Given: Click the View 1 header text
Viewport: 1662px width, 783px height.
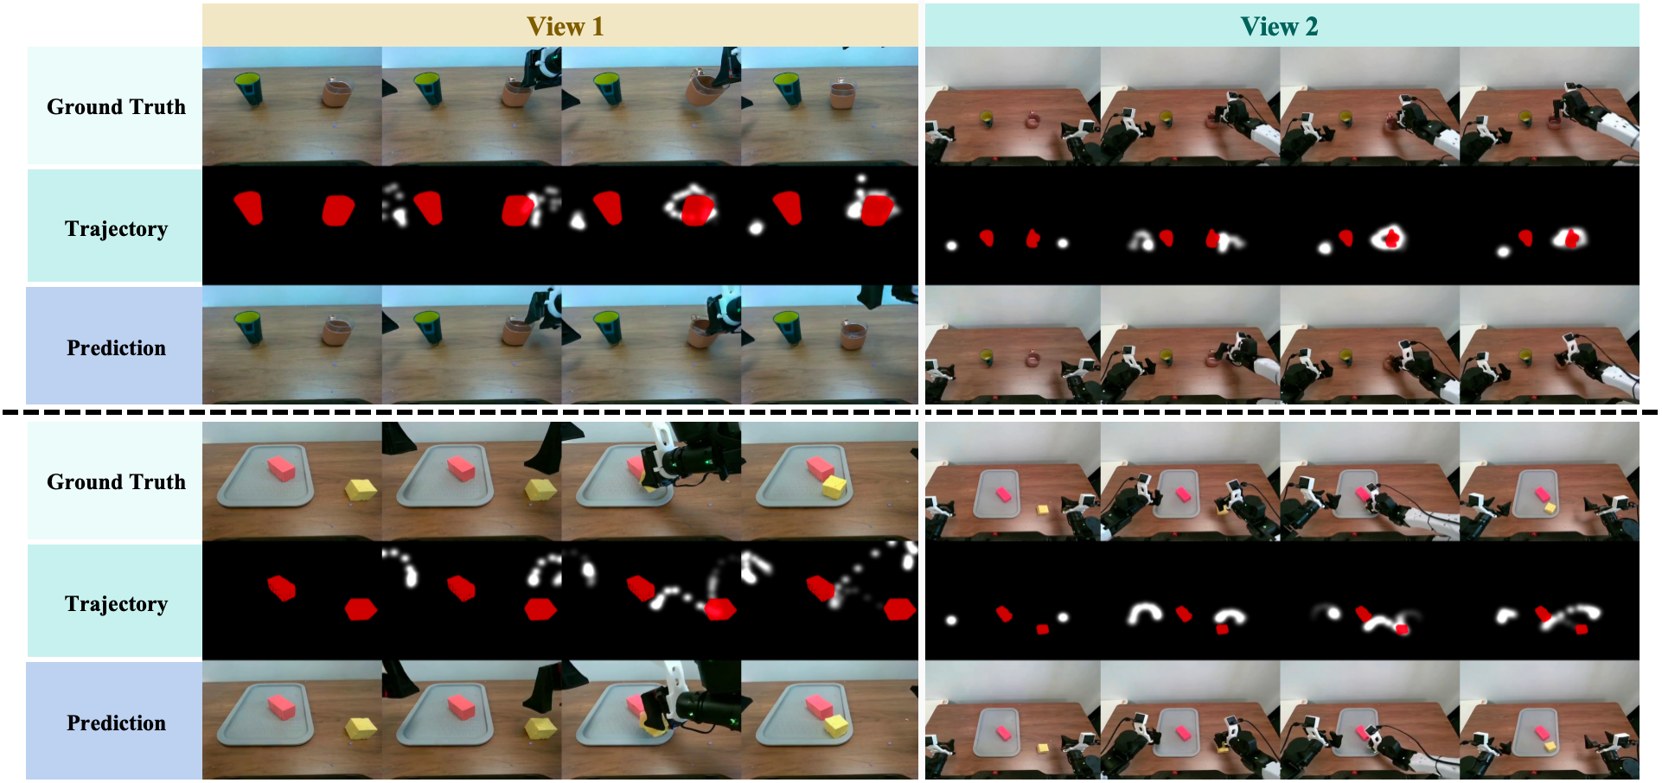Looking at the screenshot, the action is pos(565,27).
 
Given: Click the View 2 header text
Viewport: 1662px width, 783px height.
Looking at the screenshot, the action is pos(1279,27).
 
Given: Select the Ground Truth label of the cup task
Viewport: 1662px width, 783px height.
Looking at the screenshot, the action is pos(116,107).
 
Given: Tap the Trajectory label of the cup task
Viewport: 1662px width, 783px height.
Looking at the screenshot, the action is pos(116,229).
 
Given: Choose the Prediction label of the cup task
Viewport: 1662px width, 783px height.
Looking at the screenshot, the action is pos(116,348).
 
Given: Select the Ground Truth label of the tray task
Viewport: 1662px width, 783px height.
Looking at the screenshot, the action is pos(116,482).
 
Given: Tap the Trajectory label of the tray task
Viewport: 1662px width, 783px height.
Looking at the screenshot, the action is pos(116,604).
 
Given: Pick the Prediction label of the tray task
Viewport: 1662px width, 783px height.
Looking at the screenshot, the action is pos(116,723).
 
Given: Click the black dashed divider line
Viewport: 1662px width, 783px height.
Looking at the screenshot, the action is pos(830,412).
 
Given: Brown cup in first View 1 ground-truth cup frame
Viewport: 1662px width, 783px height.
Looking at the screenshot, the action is pos(337,92).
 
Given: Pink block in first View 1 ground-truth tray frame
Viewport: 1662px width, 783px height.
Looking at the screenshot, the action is pos(282,468).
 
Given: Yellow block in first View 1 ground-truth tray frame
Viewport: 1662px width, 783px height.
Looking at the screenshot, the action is pos(361,490).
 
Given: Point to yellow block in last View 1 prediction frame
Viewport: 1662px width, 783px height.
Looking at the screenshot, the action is pos(835,725).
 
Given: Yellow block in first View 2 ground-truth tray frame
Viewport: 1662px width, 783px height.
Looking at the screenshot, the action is pos(1043,511).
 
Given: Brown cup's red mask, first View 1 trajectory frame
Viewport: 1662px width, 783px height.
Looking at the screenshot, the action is pos(338,210).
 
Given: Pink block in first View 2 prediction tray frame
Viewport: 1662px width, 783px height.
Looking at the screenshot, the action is pos(1003,733).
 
